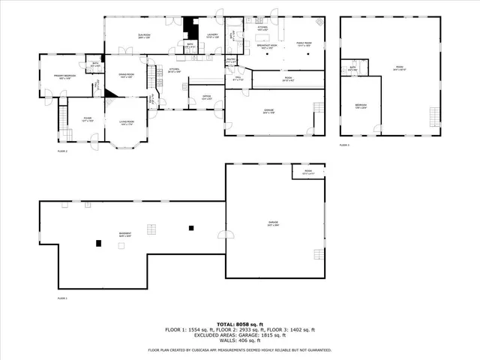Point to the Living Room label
tap(127, 122)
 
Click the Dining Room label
tap(126, 75)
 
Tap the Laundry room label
tap(212, 36)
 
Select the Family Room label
tap(303, 44)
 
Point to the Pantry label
tap(231, 61)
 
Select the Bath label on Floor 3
tap(352, 68)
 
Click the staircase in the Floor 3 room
tap(433, 116)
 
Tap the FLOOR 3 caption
tap(344, 144)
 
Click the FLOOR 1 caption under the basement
tap(62, 298)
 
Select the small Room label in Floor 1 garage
tap(308, 172)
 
